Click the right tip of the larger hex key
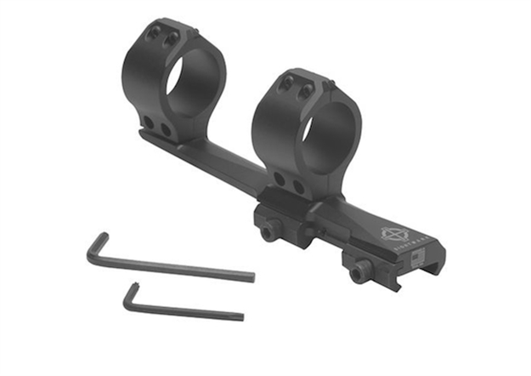(251, 276)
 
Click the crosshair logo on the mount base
(393, 231)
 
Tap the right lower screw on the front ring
(297, 186)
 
